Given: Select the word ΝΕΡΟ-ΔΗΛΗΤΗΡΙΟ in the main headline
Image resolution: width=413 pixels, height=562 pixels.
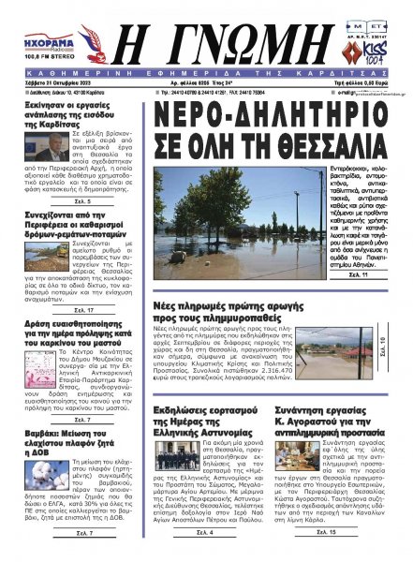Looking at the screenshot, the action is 248,135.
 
